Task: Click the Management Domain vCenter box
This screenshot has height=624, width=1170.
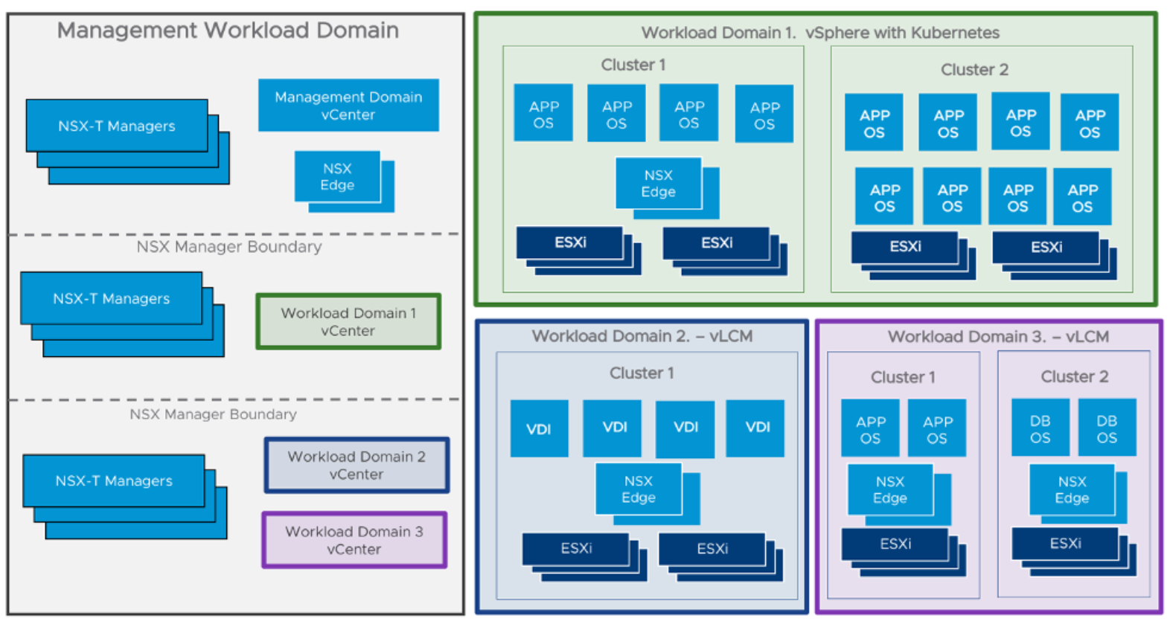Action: [x=348, y=106]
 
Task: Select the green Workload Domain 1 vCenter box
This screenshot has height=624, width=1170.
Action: [x=348, y=321]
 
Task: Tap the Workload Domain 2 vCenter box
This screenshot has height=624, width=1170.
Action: [x=357, y=466]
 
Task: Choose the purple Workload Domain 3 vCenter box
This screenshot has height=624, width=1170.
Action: [x=354, y=540]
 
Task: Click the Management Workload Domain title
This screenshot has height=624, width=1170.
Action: [x=228, y=30]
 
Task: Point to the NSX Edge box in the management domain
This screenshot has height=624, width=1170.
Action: [x=338, y=177]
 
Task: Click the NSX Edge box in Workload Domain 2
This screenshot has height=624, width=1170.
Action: [x=639, y=489]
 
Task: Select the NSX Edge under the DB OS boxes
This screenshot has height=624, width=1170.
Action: [x=1072, y=490]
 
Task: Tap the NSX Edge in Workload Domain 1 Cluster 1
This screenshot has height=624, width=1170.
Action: [x=659, y=184]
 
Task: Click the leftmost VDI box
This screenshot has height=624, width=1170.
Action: [x=539, y=429]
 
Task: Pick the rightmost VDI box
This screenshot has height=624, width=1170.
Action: [x=755, y=428]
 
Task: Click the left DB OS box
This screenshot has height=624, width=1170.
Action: [x=1040, y=429]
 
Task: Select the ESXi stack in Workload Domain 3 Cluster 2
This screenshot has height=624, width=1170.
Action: [x=1066, y=544]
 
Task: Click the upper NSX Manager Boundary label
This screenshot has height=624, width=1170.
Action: [x=229, y=247]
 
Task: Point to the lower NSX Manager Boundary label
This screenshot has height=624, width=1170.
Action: [x=213, y=414]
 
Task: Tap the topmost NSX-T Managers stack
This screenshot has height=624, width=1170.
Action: [x=118, y=126]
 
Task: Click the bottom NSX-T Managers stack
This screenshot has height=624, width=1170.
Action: [x=114, y=481]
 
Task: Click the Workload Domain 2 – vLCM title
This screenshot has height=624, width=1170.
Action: [x=642, y=336]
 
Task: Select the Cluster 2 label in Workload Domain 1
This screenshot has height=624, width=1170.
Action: [x=974, y=70]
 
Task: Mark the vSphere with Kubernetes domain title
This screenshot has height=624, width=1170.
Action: [x=820, y=33]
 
